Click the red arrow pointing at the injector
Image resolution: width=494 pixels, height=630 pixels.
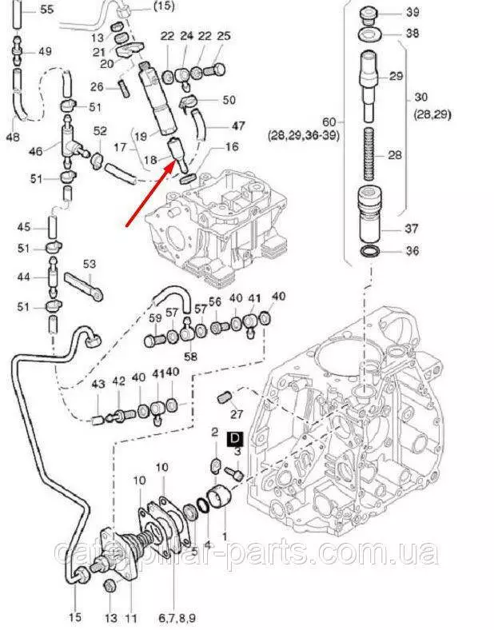tap(149, 191)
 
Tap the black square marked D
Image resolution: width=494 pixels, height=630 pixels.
tap(234, 437)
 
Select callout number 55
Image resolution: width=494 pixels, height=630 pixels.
tap(46, 10)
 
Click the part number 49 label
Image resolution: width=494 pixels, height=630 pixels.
tap(45, 51)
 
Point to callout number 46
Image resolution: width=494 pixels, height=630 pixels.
tap(34, 150)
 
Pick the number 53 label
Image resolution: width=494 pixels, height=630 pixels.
tap(89, 264)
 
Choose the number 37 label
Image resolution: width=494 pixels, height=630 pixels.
tap(411, 229)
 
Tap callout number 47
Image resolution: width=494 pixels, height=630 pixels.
tap(238, 126)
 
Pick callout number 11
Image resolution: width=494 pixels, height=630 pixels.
tap(132, 619)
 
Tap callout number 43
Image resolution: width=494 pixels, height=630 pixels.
tap(98, 385)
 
